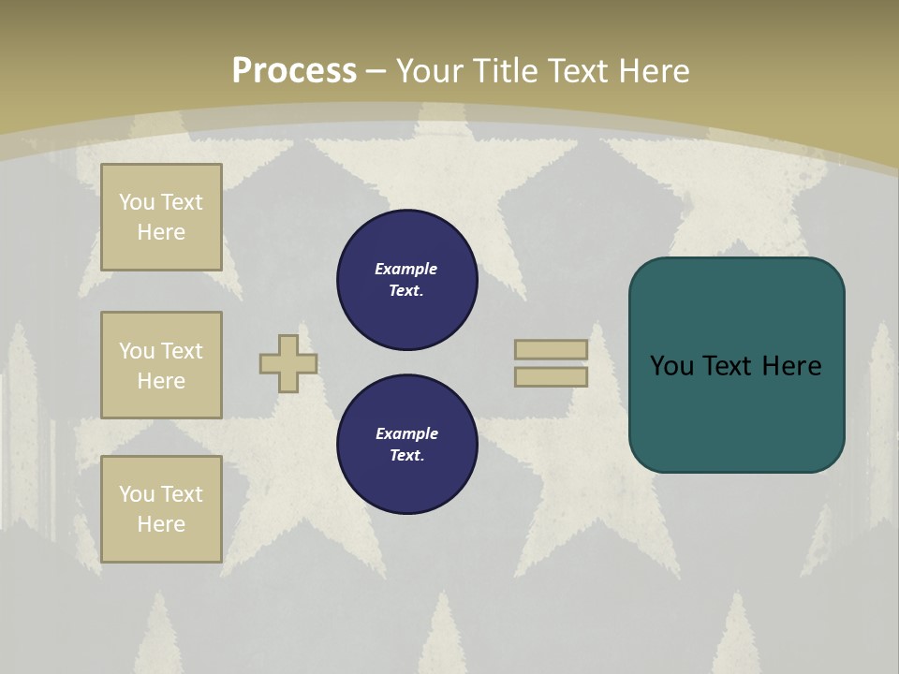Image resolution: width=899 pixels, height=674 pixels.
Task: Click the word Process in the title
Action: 294,71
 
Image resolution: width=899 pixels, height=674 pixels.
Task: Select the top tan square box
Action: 161,217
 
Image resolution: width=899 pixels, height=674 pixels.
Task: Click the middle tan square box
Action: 161,365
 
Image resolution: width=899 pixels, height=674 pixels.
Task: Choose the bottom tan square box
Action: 161,509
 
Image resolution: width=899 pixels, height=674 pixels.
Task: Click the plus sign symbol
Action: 288,363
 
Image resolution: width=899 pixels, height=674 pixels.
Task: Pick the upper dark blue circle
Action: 407,280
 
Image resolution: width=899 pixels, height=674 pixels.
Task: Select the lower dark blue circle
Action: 407,445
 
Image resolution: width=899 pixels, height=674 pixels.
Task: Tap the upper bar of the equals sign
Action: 551,349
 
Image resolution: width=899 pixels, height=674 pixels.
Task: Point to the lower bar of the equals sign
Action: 551,376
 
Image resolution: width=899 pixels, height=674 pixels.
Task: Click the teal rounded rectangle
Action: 736,412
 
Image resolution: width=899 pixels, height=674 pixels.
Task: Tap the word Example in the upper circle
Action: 405,269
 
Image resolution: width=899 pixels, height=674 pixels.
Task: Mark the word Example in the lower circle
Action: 405,433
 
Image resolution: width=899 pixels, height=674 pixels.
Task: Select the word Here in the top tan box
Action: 161,232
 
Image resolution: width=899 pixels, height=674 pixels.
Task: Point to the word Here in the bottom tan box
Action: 161,524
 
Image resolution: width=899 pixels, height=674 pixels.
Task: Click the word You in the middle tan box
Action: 136,351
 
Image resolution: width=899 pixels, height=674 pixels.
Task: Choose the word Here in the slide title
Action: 654,71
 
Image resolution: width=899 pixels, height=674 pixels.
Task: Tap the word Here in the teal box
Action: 791,366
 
